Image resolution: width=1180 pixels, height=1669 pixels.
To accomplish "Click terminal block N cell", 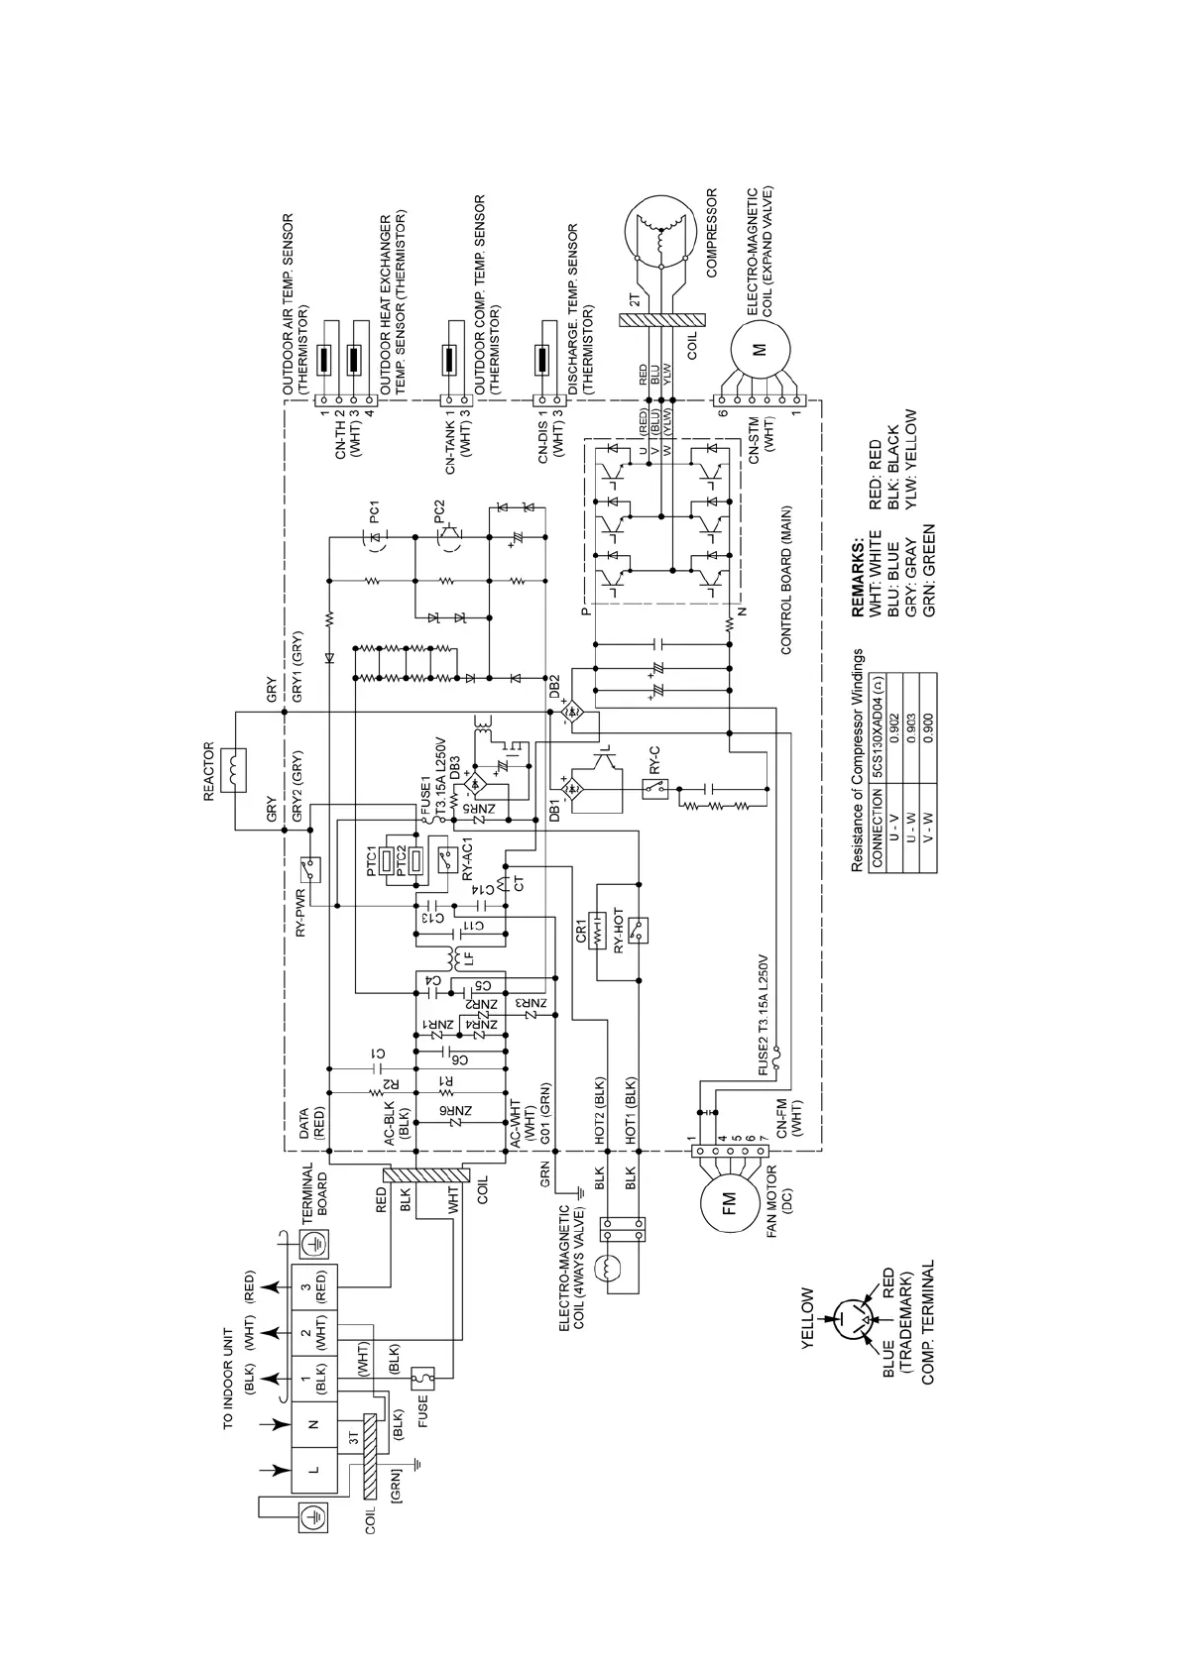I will click(314, 1423).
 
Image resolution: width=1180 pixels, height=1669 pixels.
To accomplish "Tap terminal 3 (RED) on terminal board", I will click(314, 1287).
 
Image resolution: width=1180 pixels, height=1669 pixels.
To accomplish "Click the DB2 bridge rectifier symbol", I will click(572, 711).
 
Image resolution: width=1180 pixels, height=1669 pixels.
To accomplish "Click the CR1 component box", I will click(597, 930).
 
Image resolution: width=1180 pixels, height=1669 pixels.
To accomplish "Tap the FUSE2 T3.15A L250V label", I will click(764, 1017).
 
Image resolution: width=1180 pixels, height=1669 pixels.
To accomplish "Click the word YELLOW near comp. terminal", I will click(806, 1319).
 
